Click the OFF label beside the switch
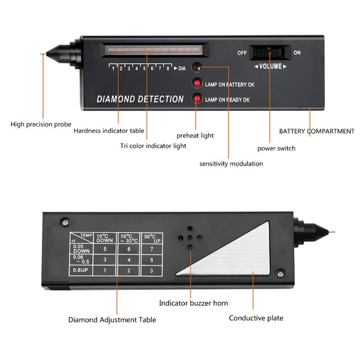242,53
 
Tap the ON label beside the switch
297,53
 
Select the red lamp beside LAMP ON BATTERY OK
197,83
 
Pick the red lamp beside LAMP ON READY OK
197,99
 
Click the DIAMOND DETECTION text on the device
140,99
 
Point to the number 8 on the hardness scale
168,68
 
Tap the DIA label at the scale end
181,68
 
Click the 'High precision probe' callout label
41,124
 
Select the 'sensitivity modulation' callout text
231,163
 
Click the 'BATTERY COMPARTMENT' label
317,131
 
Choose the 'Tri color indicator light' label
153,146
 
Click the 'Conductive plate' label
256,318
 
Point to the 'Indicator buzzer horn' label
194,303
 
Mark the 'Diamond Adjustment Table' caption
112,320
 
